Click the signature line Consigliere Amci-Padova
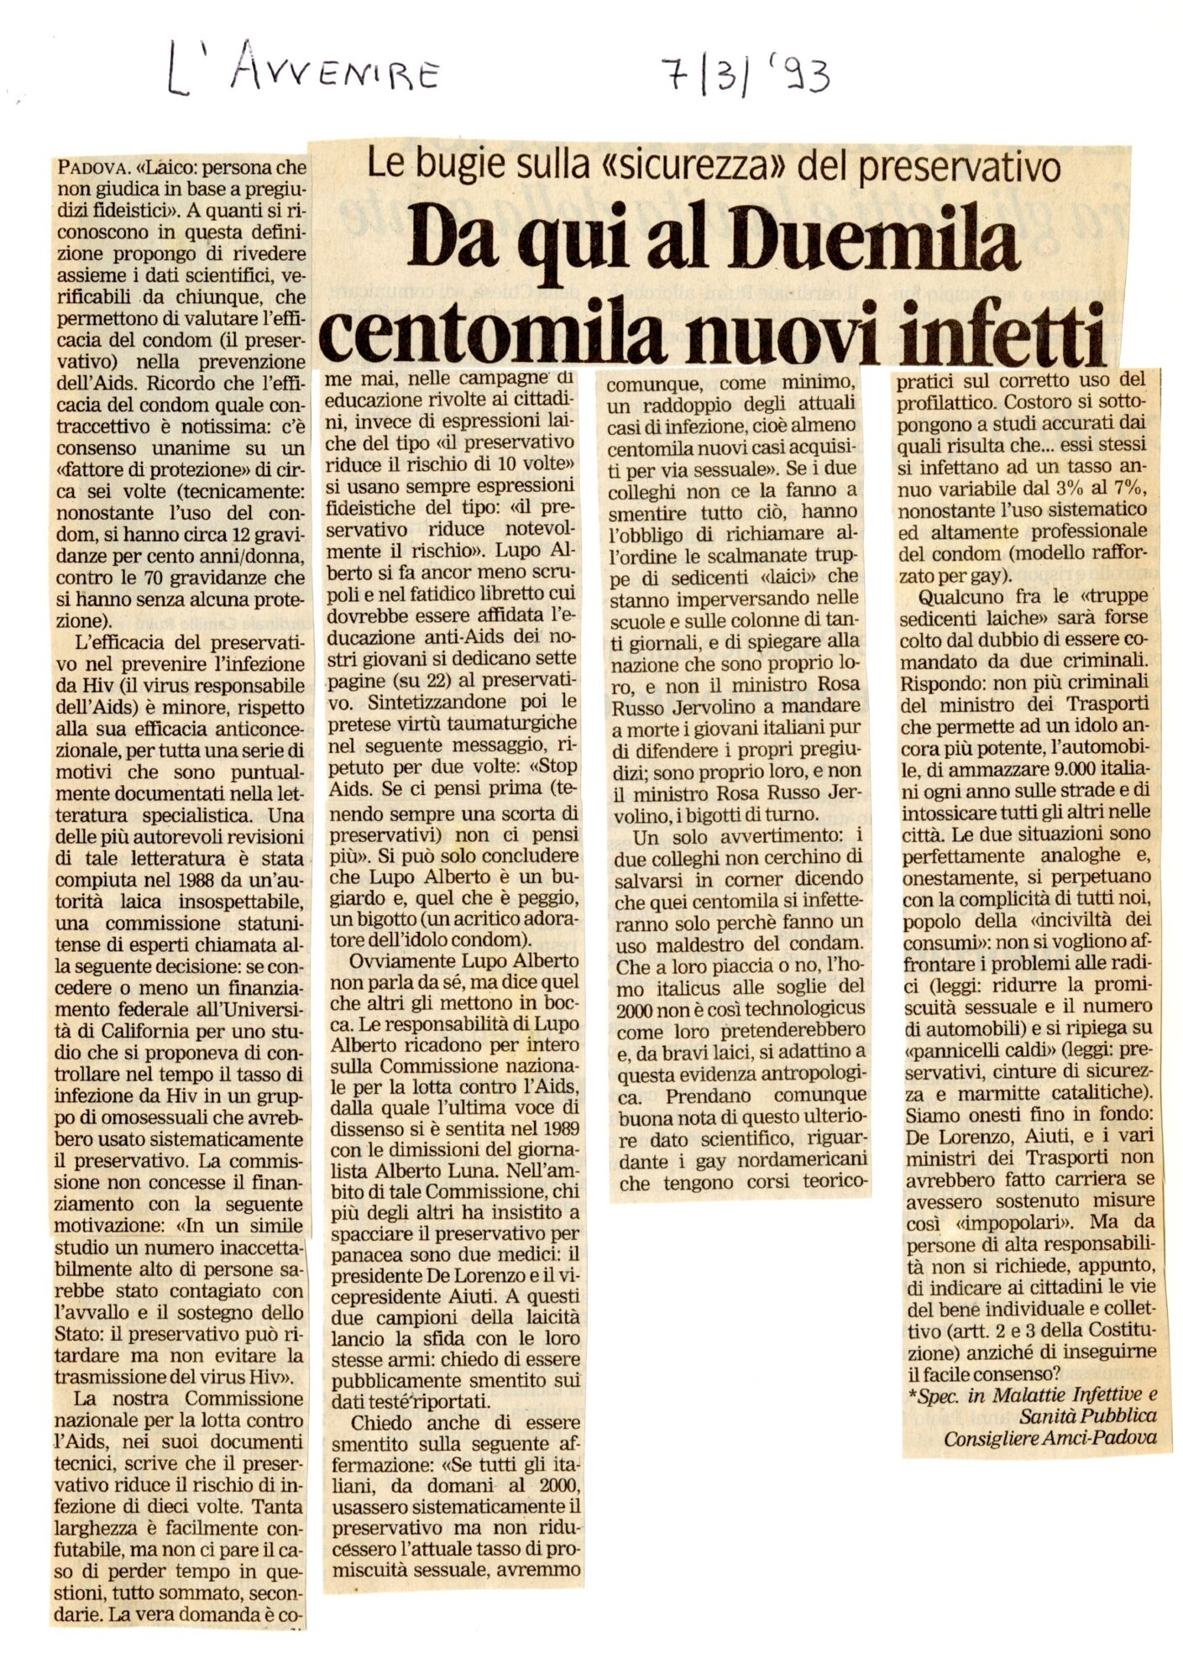click(1050, 1437)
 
